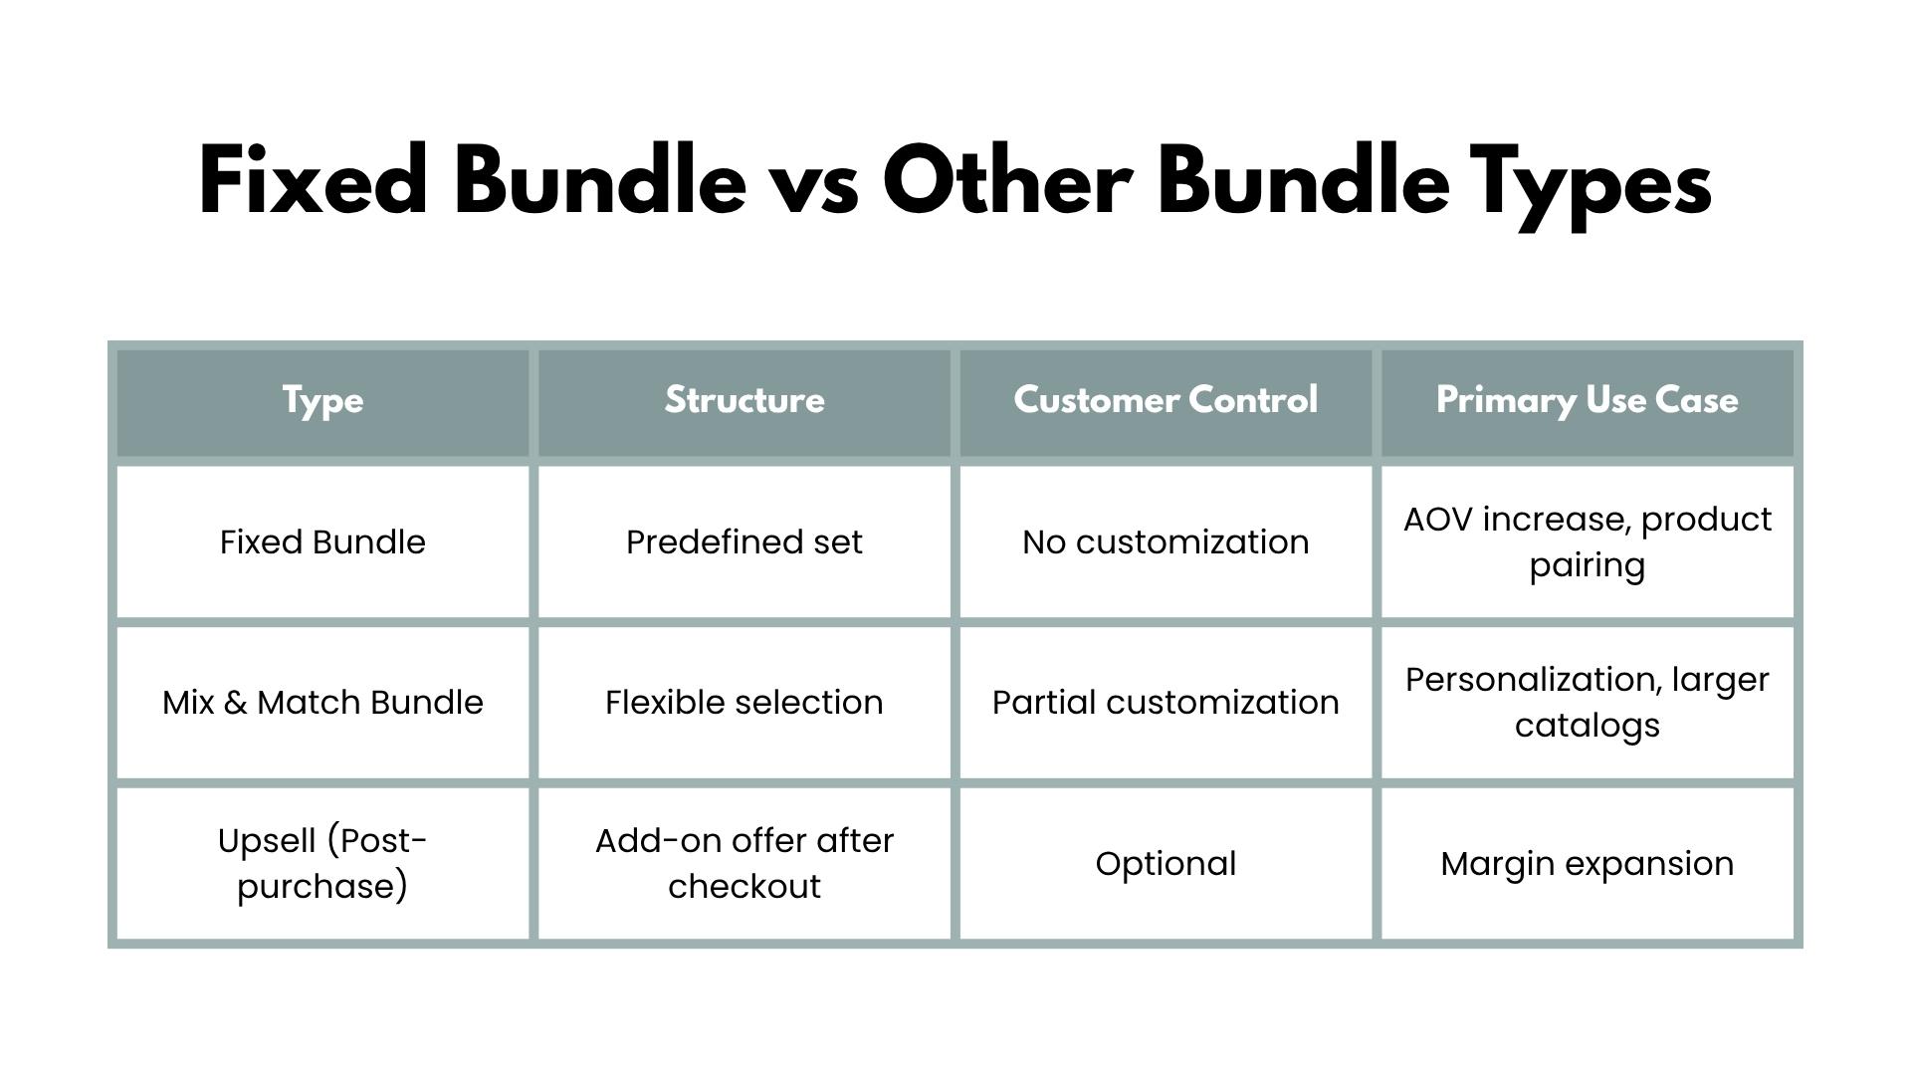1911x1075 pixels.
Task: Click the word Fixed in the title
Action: tap(314, 180)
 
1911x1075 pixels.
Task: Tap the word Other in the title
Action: tap(1006, 180)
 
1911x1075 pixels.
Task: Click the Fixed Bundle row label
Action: tap(322, 541)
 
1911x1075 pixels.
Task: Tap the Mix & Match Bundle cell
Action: tap(322, 702)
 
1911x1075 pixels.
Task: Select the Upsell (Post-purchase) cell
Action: tap(322, 863)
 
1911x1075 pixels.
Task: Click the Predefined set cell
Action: tap(744, 541)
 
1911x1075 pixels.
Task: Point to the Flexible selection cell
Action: tap(744, 702)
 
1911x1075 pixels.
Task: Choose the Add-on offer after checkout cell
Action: tap(744, 863)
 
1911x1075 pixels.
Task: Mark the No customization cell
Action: tap(1166, 541)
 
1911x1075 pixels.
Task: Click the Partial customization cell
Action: tap(1166, 702)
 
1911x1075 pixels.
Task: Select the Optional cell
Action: tap(1166, 864)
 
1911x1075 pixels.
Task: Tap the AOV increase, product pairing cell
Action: tap(1588, 542)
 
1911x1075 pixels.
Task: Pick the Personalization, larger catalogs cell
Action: tap(1588, 703)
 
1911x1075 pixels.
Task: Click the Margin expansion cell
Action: tap(1588, 864)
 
